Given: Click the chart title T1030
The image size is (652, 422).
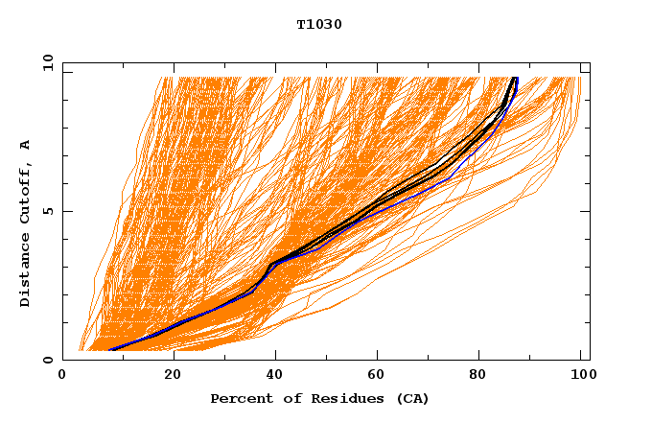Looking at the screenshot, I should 319,24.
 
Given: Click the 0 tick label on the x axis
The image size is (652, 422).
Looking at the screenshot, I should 62,377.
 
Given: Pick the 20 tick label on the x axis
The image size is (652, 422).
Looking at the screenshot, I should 173,377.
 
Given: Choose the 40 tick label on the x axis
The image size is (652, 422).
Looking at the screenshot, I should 276,377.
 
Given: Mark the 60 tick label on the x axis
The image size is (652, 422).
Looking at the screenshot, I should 380,377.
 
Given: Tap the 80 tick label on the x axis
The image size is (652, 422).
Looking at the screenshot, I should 483,377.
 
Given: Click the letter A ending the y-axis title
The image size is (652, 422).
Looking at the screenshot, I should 26,146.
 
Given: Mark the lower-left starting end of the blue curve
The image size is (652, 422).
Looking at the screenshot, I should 111,350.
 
